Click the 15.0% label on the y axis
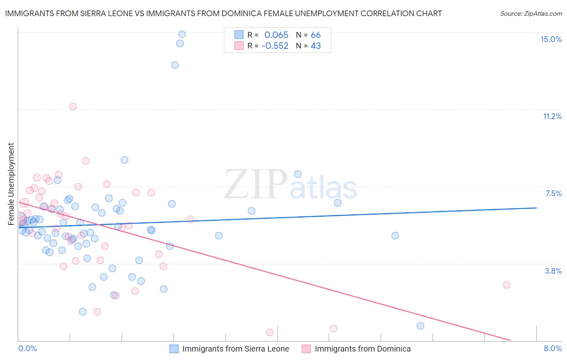coord(551,39)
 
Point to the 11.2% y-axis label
coord(552,116)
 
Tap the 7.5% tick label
coord(553,193)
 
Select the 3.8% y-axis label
coord(553,271)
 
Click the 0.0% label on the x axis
coord(27,348)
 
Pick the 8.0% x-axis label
coord(552,348)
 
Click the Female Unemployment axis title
coord(11,184)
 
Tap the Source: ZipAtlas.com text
coord(531,13)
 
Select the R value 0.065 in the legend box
coord(276,35)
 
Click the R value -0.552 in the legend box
coord(275,46)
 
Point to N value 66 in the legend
coord(315,35)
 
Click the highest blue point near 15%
coord(182,34)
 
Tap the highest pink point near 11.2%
coord(73,107)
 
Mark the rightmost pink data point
coord(507,285)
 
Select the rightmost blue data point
coord(420,326)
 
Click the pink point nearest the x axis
coord(270,332)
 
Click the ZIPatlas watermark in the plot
coord(290,184)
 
